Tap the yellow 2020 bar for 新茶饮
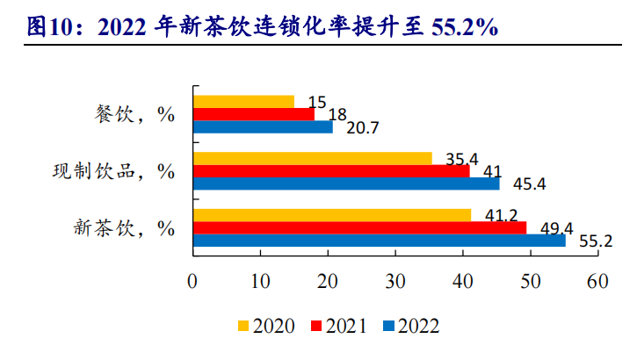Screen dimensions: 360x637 (331, 215)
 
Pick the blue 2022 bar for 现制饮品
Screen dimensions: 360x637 (345, 184)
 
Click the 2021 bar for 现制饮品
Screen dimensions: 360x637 (330, 170)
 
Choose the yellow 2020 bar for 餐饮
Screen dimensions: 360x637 (243, 101)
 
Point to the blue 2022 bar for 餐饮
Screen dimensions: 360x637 (263, 126)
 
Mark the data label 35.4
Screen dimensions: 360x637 (461, 159)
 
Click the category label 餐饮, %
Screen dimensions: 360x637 (132, 114)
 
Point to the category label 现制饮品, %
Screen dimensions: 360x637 (110, 170)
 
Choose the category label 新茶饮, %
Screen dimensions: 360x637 (121, 227)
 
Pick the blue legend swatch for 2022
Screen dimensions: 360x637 (388, 327)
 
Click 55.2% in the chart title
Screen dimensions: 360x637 (465, 27)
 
